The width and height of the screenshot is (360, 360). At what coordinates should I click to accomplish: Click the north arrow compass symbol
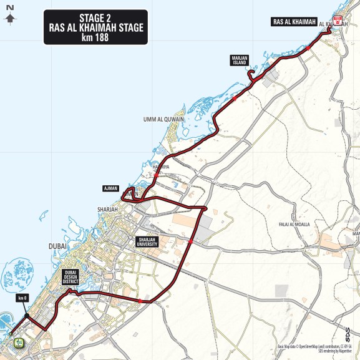9,16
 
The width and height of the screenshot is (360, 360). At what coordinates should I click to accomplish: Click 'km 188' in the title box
95,37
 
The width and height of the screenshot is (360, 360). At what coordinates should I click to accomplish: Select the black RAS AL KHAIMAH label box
291,22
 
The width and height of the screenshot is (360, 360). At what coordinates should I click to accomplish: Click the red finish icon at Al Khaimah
337,20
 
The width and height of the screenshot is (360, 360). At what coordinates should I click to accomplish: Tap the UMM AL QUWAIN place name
162,120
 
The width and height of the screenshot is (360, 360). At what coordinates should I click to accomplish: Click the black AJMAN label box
111,188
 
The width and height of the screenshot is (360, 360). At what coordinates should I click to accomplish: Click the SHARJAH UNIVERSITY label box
147,241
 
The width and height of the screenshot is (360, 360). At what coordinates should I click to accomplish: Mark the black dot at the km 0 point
25,317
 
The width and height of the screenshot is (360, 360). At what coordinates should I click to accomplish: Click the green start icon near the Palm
19,342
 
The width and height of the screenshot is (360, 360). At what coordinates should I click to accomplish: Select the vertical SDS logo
348,336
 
